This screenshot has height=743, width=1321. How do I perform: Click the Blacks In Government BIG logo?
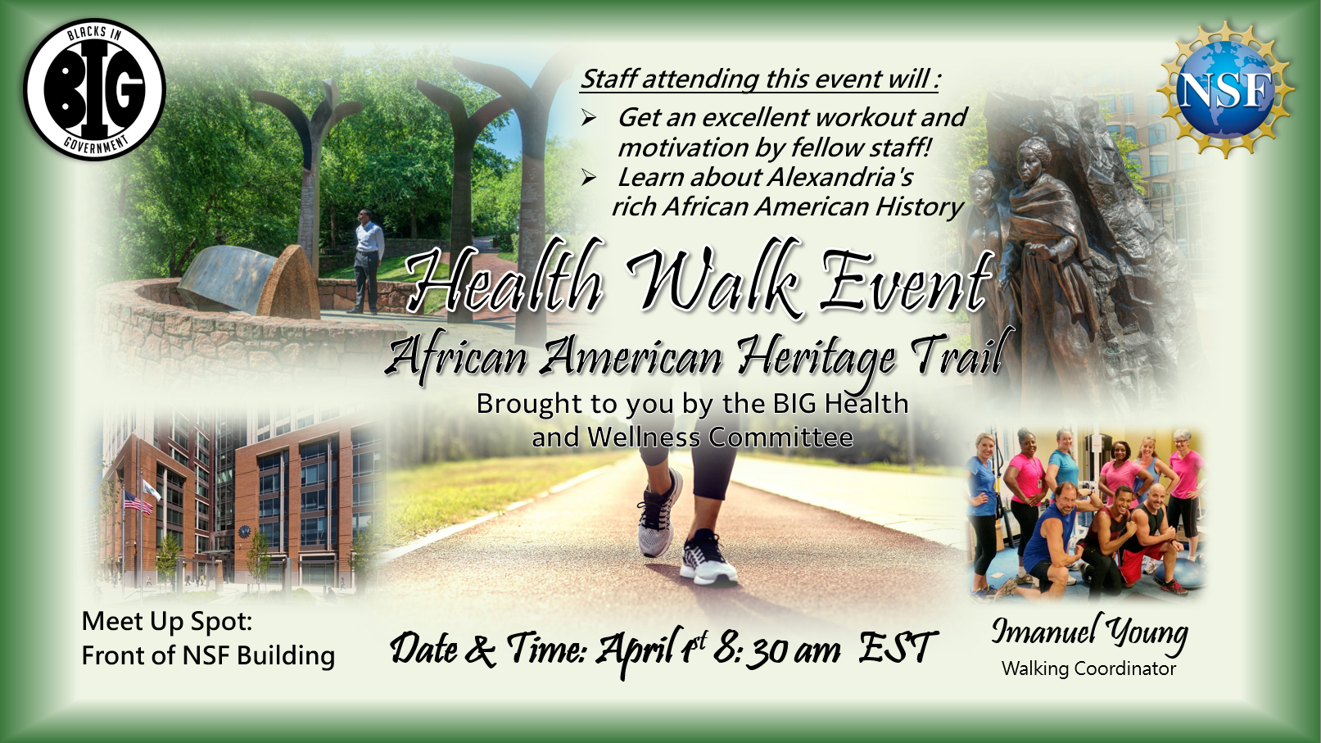94,89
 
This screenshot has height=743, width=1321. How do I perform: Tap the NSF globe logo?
1225,90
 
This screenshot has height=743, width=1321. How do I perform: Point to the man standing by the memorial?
368,261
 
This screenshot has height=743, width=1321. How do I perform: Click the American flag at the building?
138,503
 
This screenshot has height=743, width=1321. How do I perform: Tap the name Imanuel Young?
1089,632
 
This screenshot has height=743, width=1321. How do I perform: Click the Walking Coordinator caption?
1088,668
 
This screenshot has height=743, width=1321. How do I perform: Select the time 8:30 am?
777,649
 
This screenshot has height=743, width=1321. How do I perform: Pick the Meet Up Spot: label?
167,622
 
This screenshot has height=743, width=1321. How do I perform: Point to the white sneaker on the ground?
708,558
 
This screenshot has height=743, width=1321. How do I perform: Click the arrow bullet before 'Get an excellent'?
589,118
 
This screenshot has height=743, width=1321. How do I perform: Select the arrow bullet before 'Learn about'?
589,177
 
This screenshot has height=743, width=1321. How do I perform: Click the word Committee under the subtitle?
780,437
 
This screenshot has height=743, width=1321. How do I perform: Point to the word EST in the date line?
898,647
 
